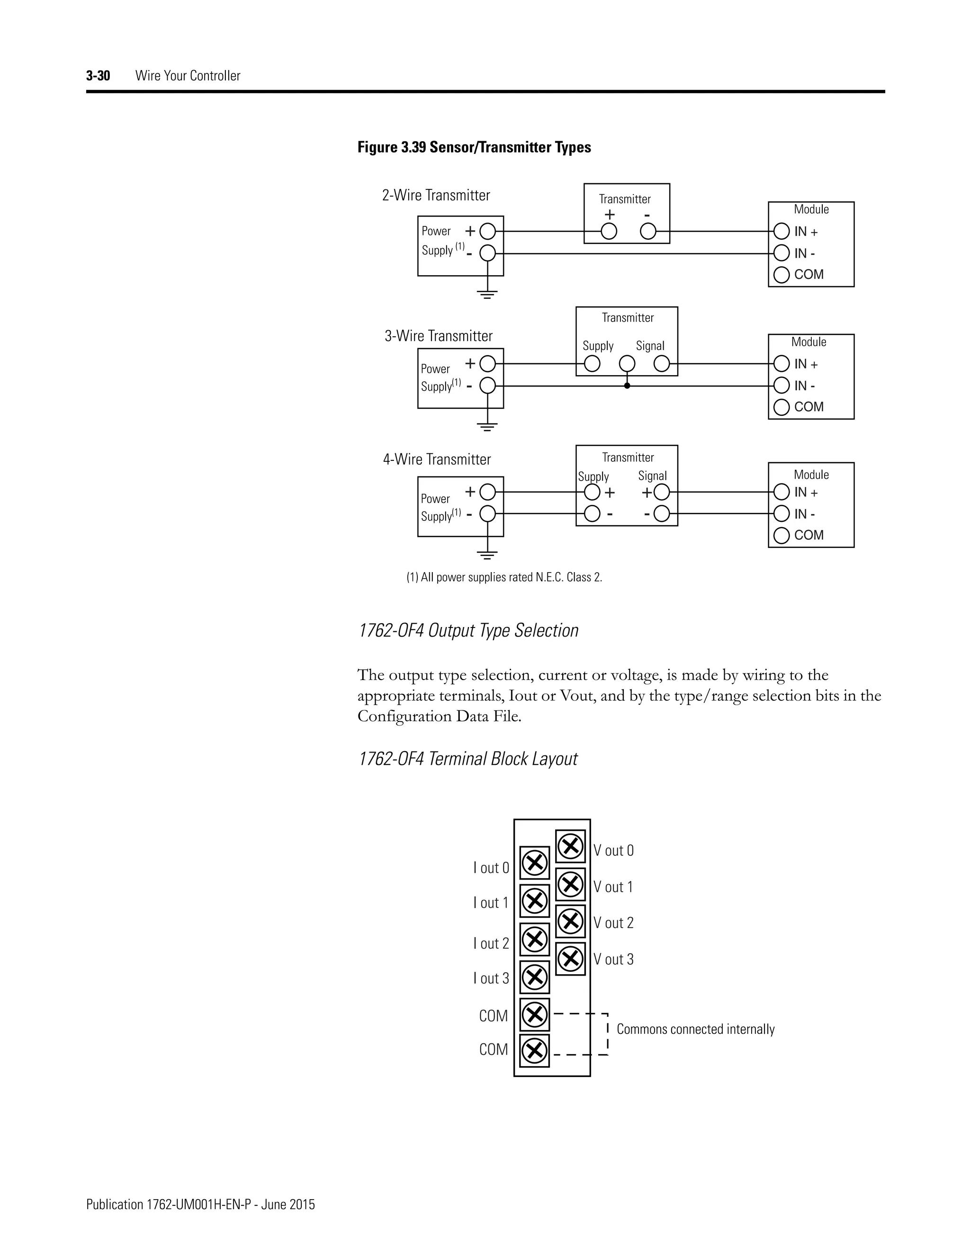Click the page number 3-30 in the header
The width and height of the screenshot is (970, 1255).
(98, 75)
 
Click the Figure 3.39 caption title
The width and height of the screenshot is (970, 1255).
(474, 147)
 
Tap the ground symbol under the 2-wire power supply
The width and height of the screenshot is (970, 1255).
(487, 295)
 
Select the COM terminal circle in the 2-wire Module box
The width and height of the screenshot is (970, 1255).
(781, 275)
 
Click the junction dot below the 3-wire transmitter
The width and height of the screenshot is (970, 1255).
(627, 385)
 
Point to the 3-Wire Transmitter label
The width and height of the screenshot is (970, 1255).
(438, 336)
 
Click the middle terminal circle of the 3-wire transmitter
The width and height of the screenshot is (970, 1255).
(627, 364)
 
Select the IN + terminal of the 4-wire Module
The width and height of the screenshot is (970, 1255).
(781, 492)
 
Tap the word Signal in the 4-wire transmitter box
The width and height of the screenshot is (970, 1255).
(652, 476)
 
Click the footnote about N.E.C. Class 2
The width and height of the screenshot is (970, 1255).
(504, 577)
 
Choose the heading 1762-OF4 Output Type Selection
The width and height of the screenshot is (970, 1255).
(468, 630)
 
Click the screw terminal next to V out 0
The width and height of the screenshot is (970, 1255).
(571, 846)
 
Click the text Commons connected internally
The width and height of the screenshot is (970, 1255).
(695, 1029)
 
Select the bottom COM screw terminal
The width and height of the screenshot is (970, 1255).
(534, 1050)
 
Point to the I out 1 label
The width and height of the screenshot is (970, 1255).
(491, 903)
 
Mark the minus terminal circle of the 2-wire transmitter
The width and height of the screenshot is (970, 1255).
(648, 232)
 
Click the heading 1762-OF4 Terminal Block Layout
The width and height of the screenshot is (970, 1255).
(467, 759)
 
